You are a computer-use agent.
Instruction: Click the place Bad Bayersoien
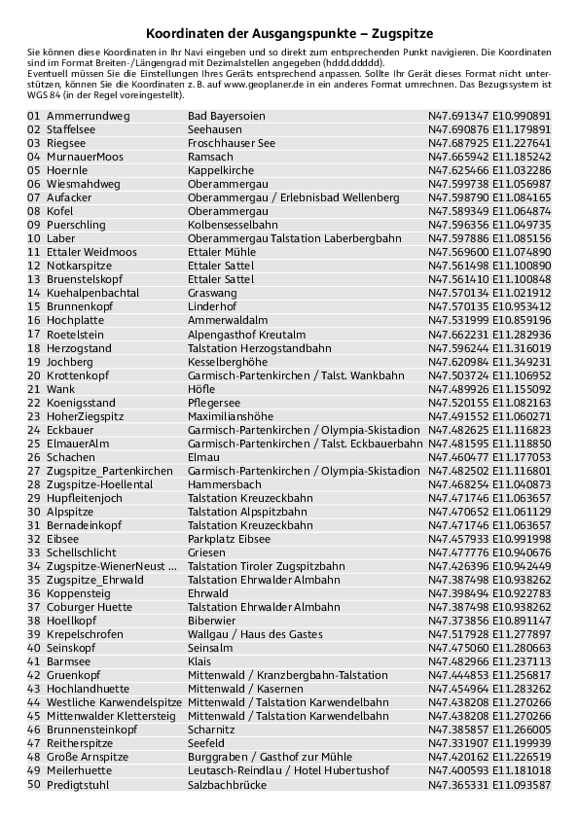(226, 116)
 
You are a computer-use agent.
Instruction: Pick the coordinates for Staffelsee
(489, 129)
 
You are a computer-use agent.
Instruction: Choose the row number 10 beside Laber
(34, 238)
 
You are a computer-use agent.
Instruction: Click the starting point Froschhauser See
(232, 143)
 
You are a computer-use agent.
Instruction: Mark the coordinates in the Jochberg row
(489, 361)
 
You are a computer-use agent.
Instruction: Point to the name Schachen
(71, 456)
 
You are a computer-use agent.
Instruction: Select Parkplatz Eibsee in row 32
(229, 538)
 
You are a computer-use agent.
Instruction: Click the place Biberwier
(211, 620)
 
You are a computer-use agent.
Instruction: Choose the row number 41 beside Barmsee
(34, 660)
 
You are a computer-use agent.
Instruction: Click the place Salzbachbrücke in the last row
(227, 785)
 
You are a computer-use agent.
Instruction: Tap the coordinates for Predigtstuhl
(489, 785)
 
